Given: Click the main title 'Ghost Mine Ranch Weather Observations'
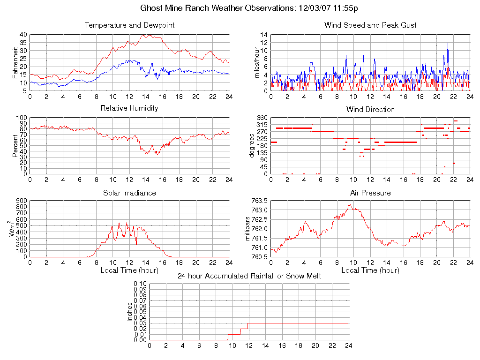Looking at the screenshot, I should (x=249, y=8).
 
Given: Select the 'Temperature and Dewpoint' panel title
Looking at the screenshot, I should (x=129, y=25).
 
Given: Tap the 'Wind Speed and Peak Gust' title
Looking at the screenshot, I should (x=370, y=25).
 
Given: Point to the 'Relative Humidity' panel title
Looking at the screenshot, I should (x=129, y=108).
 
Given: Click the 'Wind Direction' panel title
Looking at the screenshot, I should (x=370, y=109).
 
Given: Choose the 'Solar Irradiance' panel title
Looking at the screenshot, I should (x=129, y=193).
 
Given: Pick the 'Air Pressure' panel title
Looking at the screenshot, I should (x=370, y=193).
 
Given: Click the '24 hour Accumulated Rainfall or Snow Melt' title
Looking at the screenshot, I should (x=249, y=276).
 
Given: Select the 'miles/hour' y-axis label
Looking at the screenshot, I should (x=256, y=62).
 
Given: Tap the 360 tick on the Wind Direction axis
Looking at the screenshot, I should (x=262, y=118).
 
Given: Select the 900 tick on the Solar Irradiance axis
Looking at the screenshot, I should (x=21, y=201).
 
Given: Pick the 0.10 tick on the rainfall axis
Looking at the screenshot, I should (x=140, y=284).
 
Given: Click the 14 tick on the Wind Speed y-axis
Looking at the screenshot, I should (x=264, y=35).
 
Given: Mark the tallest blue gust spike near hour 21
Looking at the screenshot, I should (x=448, y=43).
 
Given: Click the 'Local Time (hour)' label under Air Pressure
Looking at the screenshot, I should (x=370, y=270).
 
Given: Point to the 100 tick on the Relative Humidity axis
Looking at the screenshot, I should (x=21, y=118).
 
